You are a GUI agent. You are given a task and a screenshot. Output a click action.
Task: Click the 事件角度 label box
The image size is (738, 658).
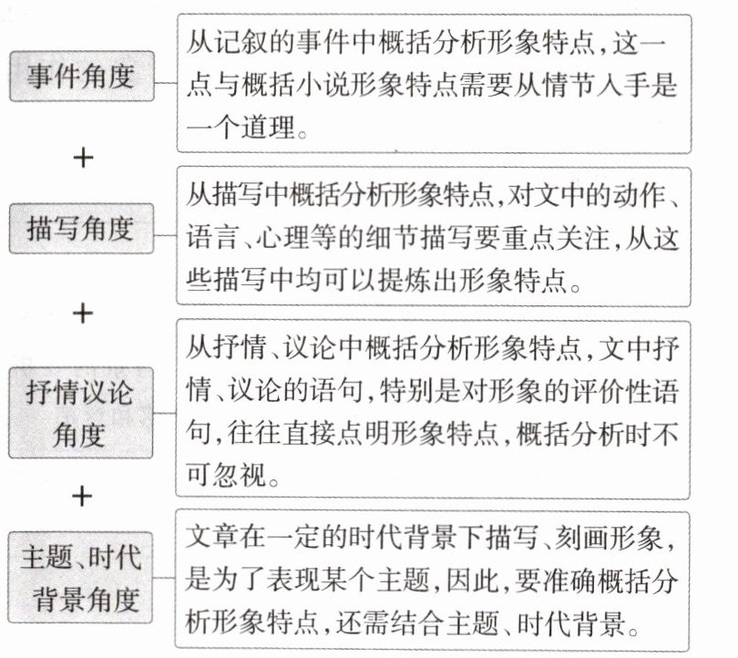[79, 77]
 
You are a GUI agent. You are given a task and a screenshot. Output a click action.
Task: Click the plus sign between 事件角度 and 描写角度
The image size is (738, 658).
[83, 158]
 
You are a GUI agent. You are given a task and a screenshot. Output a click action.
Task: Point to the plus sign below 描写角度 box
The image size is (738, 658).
[83, 314]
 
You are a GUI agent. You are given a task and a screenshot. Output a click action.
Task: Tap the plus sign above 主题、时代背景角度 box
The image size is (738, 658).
[83, 496]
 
